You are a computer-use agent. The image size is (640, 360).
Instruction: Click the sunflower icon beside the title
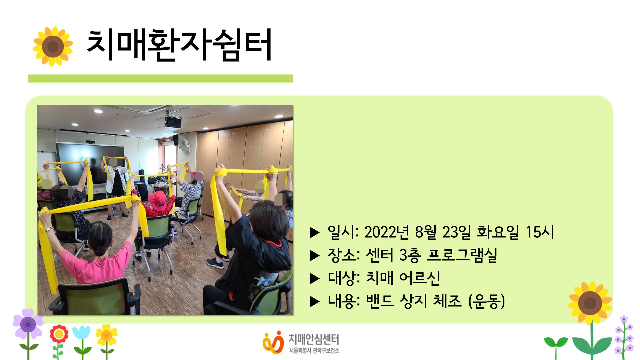coord(53,46)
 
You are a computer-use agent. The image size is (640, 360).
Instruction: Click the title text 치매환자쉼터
coord(179,45)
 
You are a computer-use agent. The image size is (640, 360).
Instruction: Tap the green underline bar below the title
coord(161,78)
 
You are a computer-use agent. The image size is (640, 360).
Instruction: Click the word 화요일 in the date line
coord(498,232)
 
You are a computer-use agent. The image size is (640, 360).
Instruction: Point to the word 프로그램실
coord(462,255)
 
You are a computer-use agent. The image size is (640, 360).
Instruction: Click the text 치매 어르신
coord(403,278)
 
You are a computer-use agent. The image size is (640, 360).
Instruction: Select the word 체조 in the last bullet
coord(447,301)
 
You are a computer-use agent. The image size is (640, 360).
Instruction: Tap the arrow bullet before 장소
coord(315,256)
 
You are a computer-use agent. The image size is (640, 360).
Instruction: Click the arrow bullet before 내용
coord(315,301)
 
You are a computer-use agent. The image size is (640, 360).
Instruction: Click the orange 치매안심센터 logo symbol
coord(273,342)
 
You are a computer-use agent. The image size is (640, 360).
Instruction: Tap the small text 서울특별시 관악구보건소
coord(314,350)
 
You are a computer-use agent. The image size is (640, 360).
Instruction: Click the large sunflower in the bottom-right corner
coord(590,302)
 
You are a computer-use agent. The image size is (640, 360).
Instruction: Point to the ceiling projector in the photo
coord(173,122)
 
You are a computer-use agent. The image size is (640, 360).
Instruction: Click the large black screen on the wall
coord(90,163)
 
